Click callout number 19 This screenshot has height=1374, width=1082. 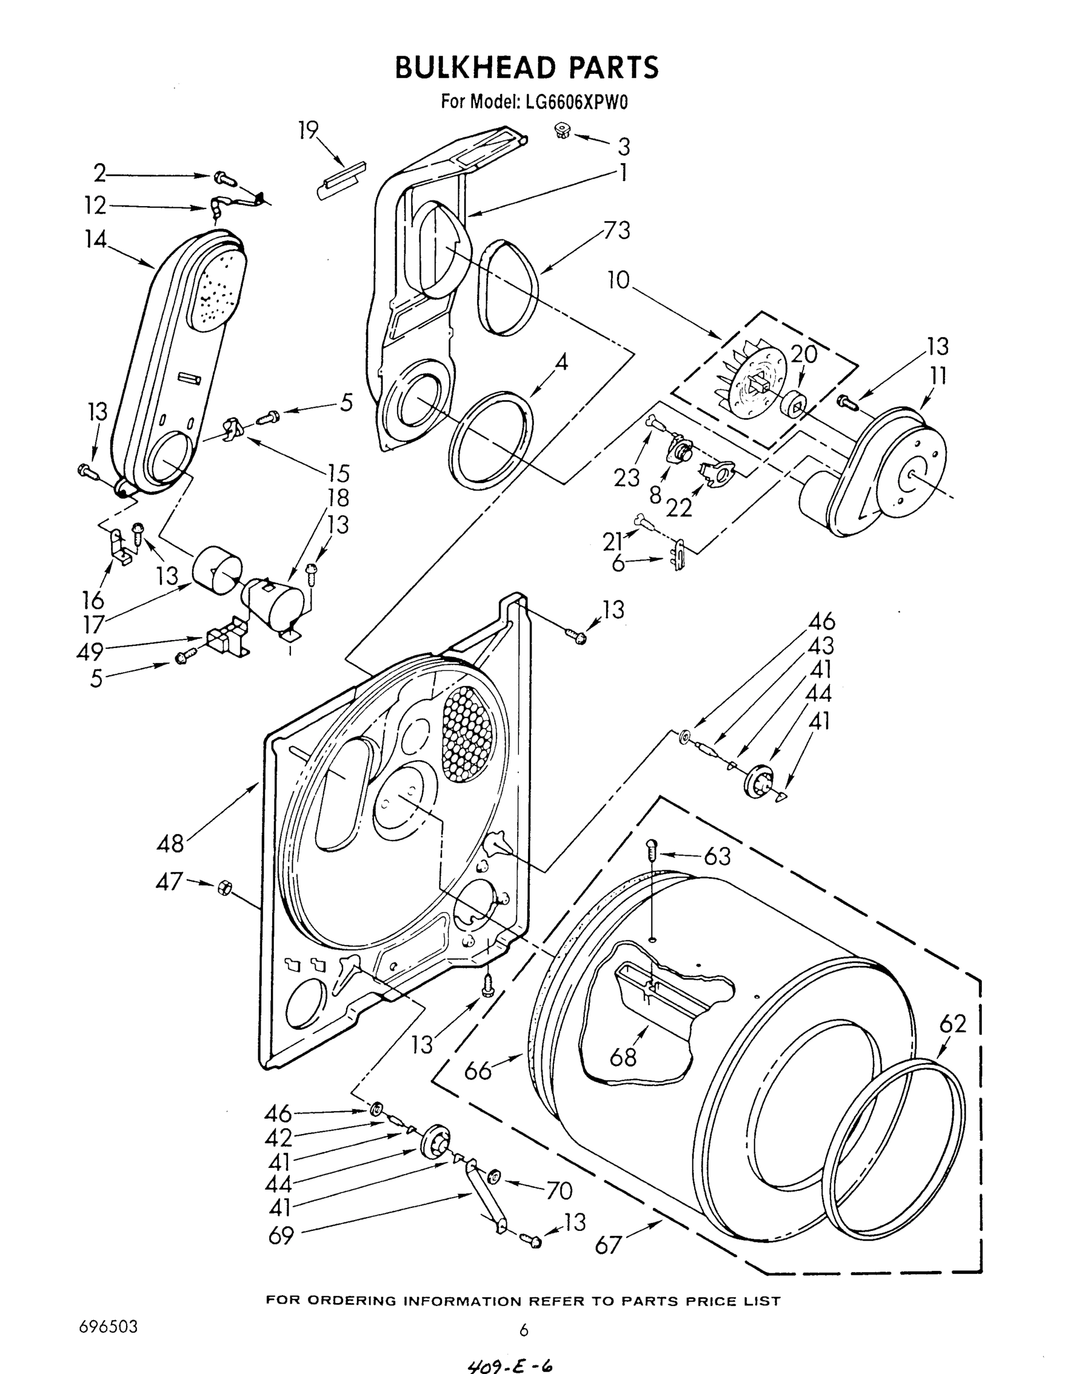point(308,131)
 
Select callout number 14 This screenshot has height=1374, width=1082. point(96,239)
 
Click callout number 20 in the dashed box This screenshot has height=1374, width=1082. point(804,354)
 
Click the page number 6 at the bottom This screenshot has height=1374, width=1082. point(524,1330)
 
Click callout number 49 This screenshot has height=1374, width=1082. point(90,650)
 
